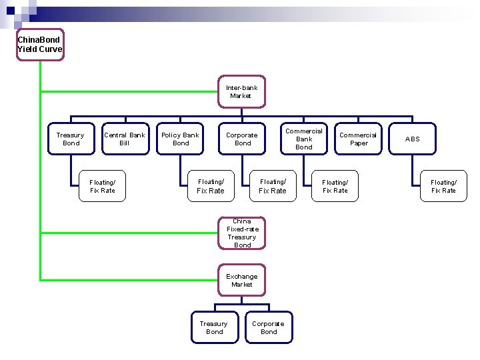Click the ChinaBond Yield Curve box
[40, 45]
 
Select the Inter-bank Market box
[241, 91]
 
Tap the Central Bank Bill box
[125, 139]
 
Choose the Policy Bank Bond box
[181, 139]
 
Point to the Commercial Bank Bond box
[304, 139]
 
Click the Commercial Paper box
[358, 139]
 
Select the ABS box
[413, 139]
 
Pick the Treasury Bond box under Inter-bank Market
[71, 139]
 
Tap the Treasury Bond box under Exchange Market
[214, 327]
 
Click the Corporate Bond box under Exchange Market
[269, 327]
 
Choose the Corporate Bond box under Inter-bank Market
[243, 139]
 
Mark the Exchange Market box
[241, 280]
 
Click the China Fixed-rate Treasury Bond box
[242, 233]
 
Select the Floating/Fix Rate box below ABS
[443, 186]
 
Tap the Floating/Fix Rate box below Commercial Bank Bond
[335, 186]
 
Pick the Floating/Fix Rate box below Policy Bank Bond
[211, 186]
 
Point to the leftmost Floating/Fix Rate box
[103, 186]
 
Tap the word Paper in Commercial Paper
[359, 143]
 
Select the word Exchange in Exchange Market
[241, 276]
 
